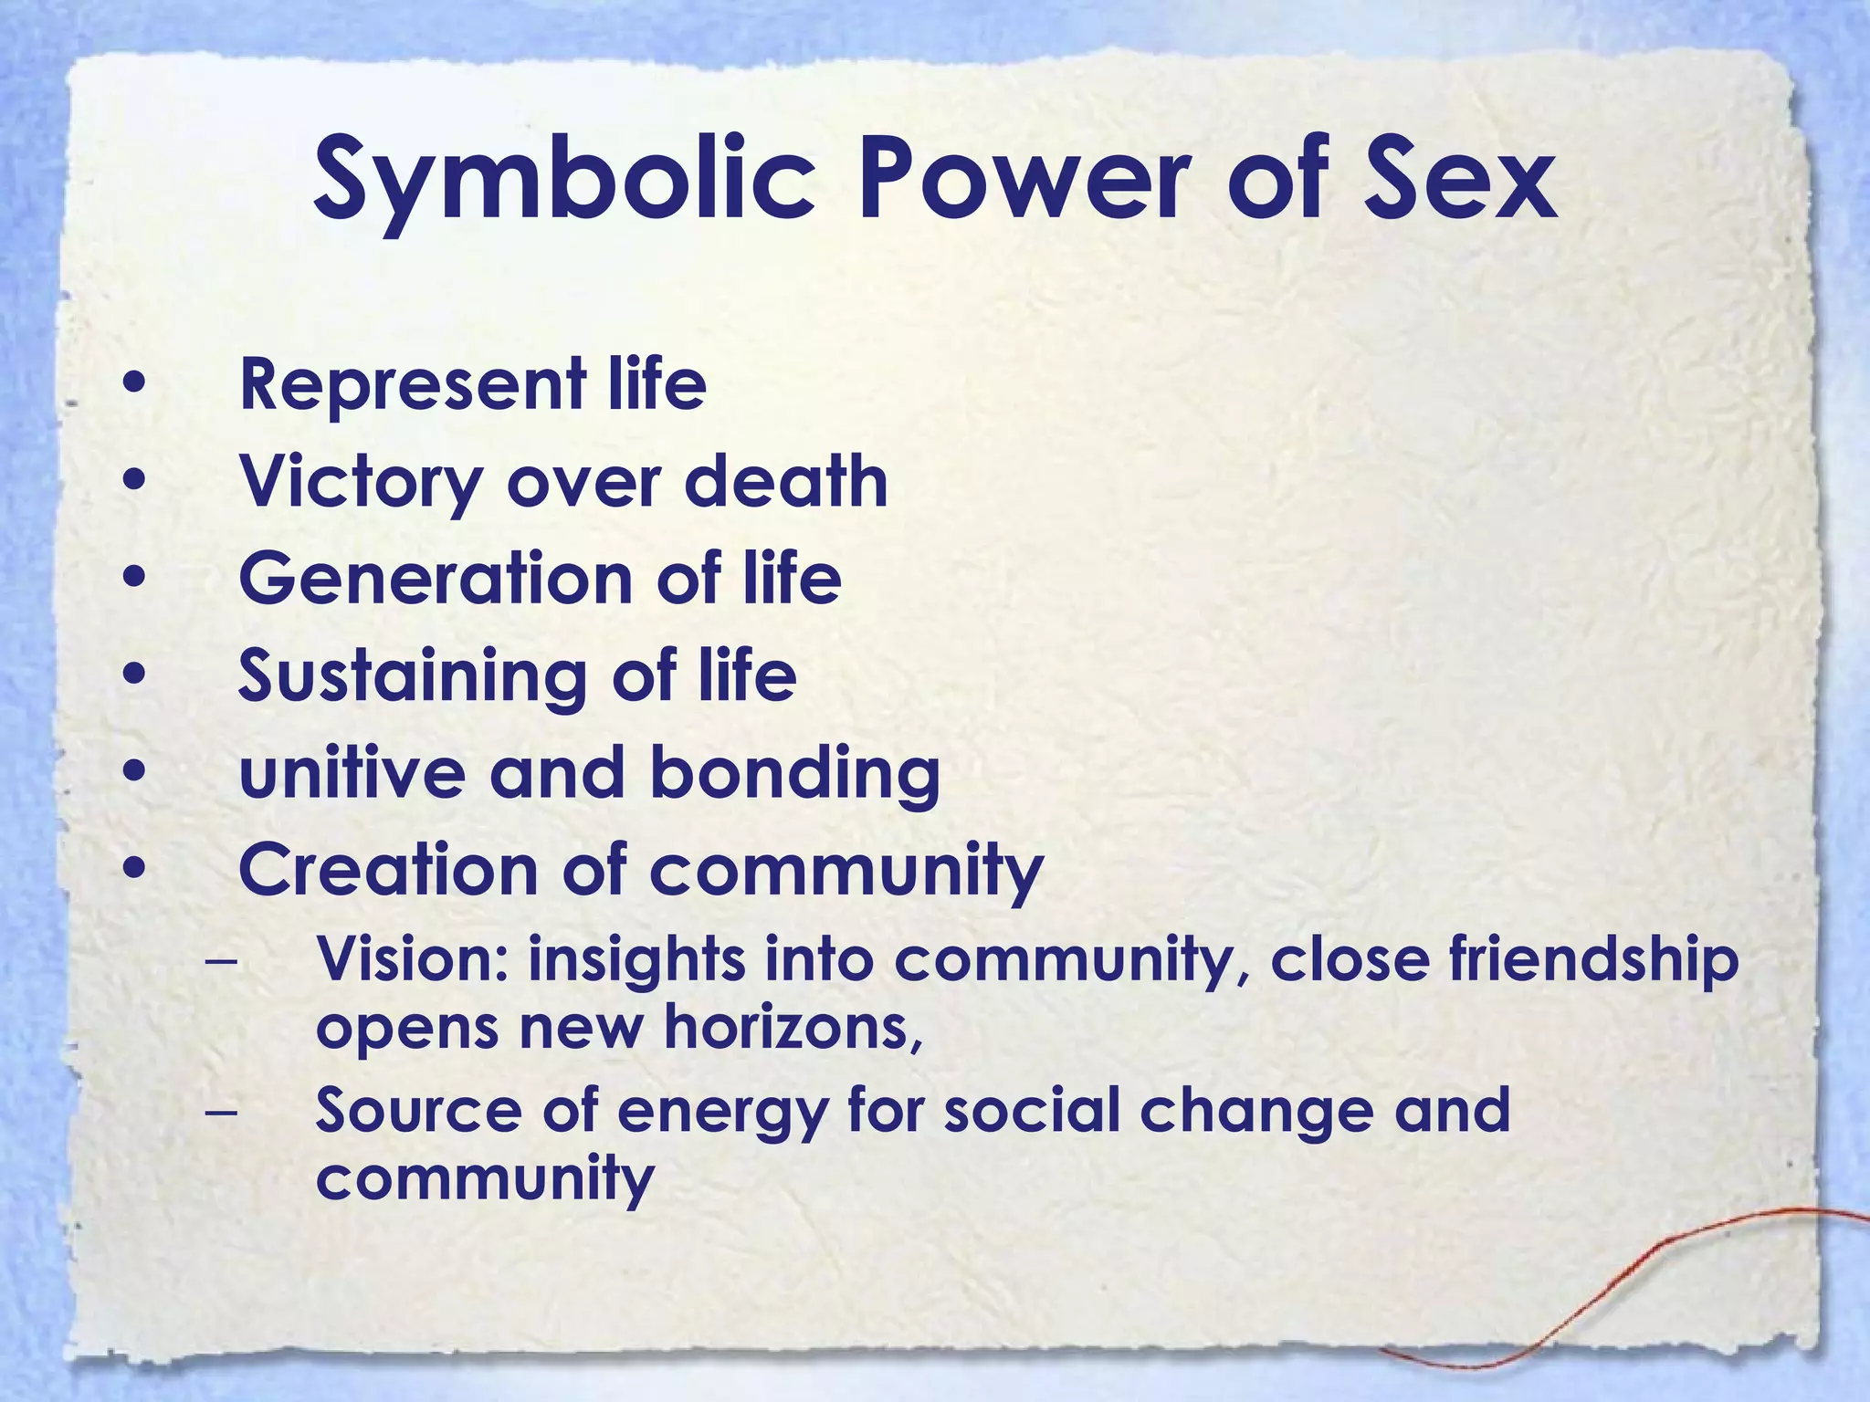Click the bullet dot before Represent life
pyautogui.click(x=134, y=384)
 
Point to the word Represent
pyautogui.click(x=412, y=384)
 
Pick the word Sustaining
pyautogui.click(x=412, y=676)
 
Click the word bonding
pyautogui.click(x=794, y=774)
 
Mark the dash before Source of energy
pyautogui.click(x=220, y=1111)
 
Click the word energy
pyautogui.click(x=721, y=1113)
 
